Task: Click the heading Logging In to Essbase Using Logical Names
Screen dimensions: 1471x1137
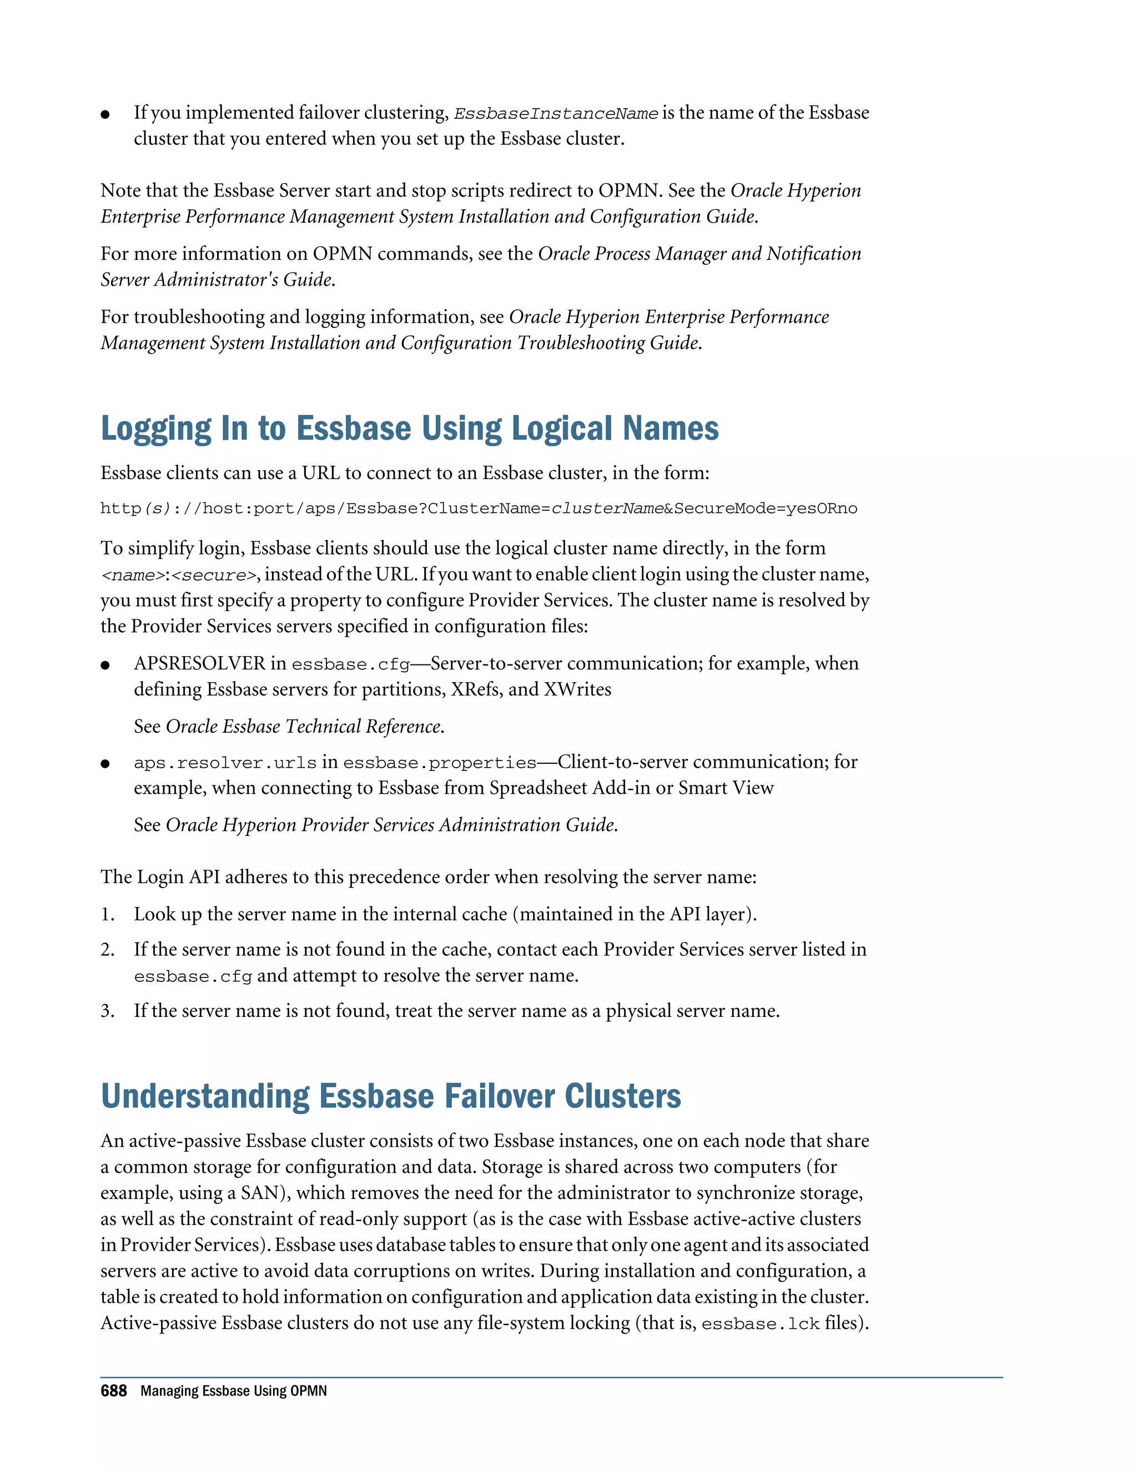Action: point(410,429)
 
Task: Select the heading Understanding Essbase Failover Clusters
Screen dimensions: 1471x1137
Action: point(391,1096)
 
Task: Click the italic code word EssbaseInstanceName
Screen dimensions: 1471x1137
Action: point(556,114)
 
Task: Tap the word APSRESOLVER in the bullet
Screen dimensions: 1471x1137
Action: point(199,663)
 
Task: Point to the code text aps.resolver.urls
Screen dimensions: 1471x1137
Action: point(225,763)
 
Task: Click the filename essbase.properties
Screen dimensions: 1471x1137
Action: point(439,763)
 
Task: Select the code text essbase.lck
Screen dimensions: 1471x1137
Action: point(760,1324)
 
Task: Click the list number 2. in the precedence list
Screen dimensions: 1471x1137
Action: point(108,950)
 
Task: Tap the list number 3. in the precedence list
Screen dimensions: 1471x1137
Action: point(108,1011)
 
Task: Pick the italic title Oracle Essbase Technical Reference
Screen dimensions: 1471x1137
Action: point(304,726)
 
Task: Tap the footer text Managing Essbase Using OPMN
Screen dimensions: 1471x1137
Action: point(233,1391)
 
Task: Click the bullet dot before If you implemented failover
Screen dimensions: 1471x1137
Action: point(105,114)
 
